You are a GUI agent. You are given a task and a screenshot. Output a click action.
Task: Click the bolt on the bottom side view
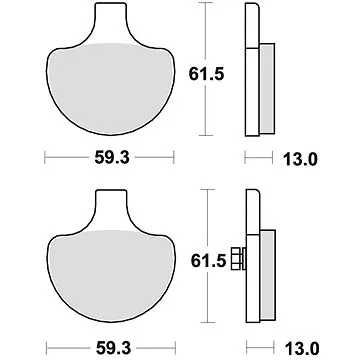[x=238, y=259]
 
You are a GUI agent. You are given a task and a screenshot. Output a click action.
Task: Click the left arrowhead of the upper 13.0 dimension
[x=247, y=158]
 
